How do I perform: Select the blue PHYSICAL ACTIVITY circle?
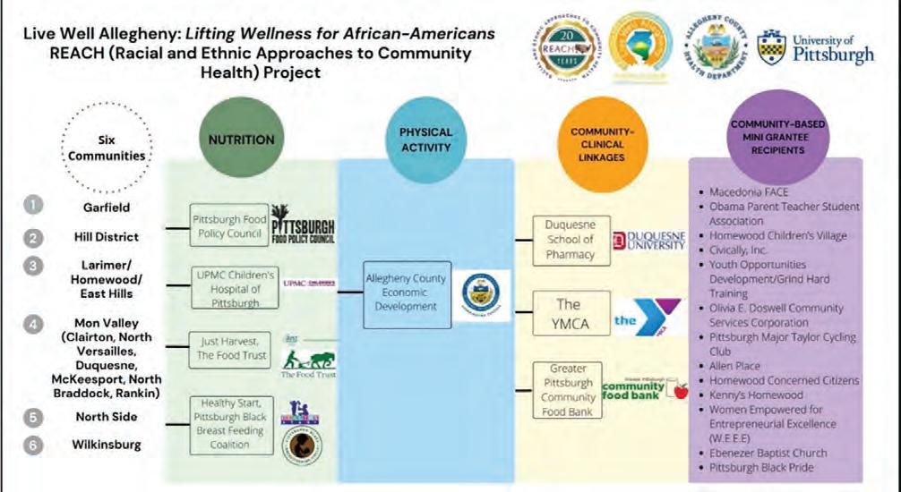[x=425, y=139]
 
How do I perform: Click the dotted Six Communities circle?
[x=106, y=146]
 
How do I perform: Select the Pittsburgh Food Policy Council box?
[x=228, y=225]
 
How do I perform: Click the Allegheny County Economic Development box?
[x=406, y=293]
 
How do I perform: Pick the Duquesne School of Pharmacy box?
[x=570, y=239]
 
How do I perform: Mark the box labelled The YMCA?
[x=570, y=312]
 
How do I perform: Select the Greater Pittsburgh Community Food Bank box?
[x=570, y=388]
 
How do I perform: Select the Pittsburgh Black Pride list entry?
[x=758, y=467]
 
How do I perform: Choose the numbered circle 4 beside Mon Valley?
[x=33, y=323]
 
